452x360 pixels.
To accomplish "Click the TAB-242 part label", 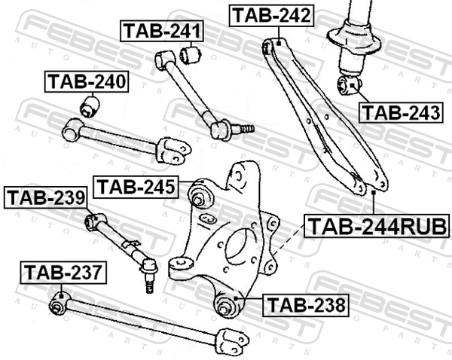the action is coord(271,16).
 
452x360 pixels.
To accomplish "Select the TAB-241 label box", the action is coord(162,31).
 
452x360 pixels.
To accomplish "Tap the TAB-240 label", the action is coord(87,81).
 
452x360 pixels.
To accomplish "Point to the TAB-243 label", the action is coord(401,112).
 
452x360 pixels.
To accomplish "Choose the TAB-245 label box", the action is coord(136,187).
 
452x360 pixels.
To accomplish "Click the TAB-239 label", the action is coord(45,198).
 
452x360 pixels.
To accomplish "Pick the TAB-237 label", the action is coord(63,273).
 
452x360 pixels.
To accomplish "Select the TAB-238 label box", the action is coord(306,305).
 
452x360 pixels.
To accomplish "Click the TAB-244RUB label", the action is coord(377,226).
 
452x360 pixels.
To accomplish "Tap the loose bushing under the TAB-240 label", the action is coord(90,107).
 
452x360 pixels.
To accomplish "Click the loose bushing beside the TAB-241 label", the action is coord(191,54).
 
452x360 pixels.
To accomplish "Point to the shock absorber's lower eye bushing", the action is coord(350,85).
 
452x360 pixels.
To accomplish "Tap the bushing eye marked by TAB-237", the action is coord(59,303).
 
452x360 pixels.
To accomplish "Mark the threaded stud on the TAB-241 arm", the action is coord(244,129).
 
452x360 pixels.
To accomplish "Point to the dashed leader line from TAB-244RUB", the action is coord(289,239).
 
